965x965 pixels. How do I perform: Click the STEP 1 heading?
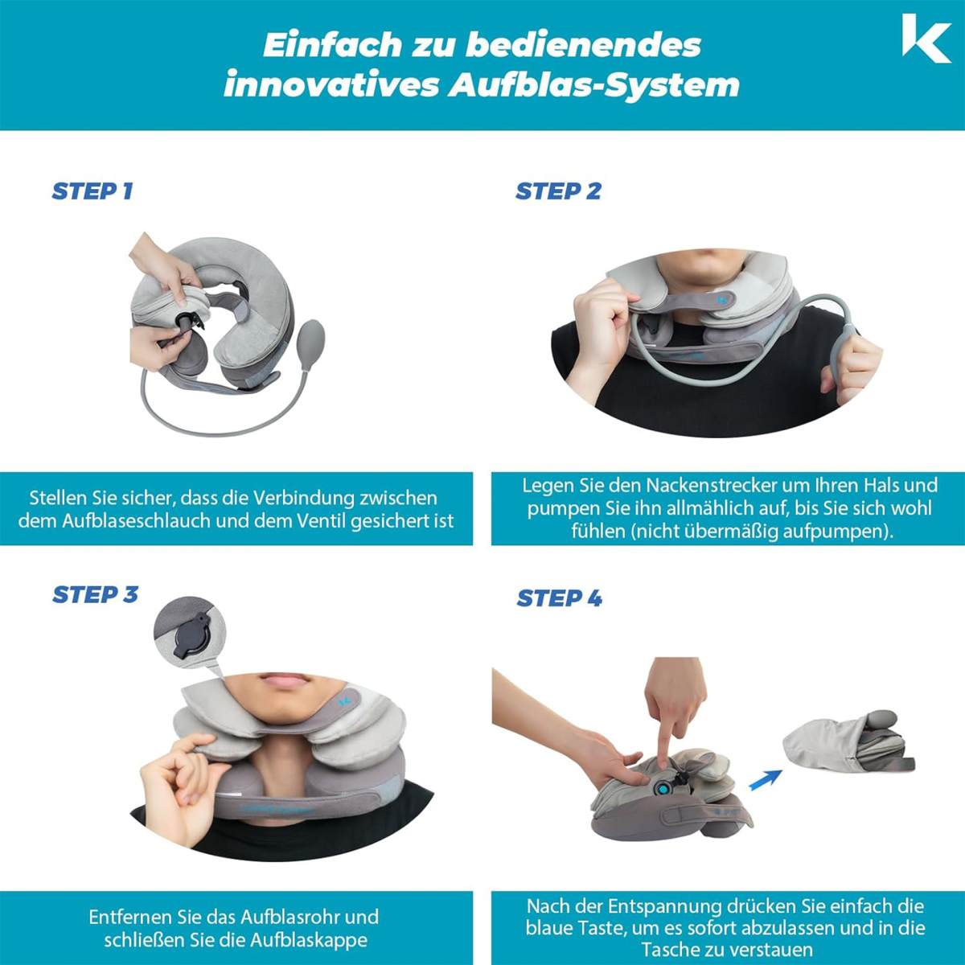coord(92,191)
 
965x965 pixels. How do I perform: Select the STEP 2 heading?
coord(558,191)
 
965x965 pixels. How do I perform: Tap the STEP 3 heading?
coord(95,594)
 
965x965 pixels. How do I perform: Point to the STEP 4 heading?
coord(560,598)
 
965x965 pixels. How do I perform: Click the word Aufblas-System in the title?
coord(594,85)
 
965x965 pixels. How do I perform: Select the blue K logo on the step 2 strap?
coord(722,301)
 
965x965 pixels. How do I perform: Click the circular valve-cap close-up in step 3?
coord(190,633)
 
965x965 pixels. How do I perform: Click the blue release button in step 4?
coord(663,790)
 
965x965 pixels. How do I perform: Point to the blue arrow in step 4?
coord(766,779)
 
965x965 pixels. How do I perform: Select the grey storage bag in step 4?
coord(848,741)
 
